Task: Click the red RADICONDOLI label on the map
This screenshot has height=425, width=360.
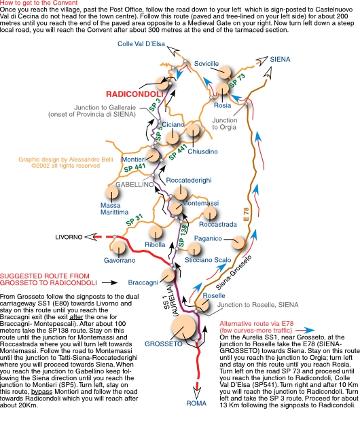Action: coord(134,94)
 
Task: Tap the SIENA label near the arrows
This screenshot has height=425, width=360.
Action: coord(280,59)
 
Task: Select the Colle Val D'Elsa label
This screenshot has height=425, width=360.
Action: coord(141,44)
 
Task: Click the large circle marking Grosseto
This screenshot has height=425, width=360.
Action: coord(184,327)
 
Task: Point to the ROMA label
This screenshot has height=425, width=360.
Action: coord(196,403)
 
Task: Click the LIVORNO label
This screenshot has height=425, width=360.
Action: coord(69,237)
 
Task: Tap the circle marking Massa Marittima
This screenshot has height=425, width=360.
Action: coord(112,192)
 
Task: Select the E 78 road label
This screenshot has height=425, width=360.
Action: coord(246,215)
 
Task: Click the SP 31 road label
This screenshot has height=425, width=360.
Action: coord(134,220)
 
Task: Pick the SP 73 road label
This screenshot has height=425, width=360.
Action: coord(237,81)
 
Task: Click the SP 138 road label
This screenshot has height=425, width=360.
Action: coord(183,236)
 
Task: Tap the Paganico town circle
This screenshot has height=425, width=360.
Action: coord(238,242)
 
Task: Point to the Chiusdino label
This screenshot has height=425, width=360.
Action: coord(203,151)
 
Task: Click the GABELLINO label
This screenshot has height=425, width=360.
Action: coord(134,185)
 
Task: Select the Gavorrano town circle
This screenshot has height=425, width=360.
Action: coord(119,247)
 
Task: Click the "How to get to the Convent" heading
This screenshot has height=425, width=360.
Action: coord(39,3)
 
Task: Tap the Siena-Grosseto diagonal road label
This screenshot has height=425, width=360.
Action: coord(234,272)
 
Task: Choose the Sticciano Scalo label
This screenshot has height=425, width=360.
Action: coord(208,260)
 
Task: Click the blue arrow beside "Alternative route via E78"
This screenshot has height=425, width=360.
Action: coord(305,331)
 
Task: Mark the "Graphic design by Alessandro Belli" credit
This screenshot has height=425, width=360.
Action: coord(66,160)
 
